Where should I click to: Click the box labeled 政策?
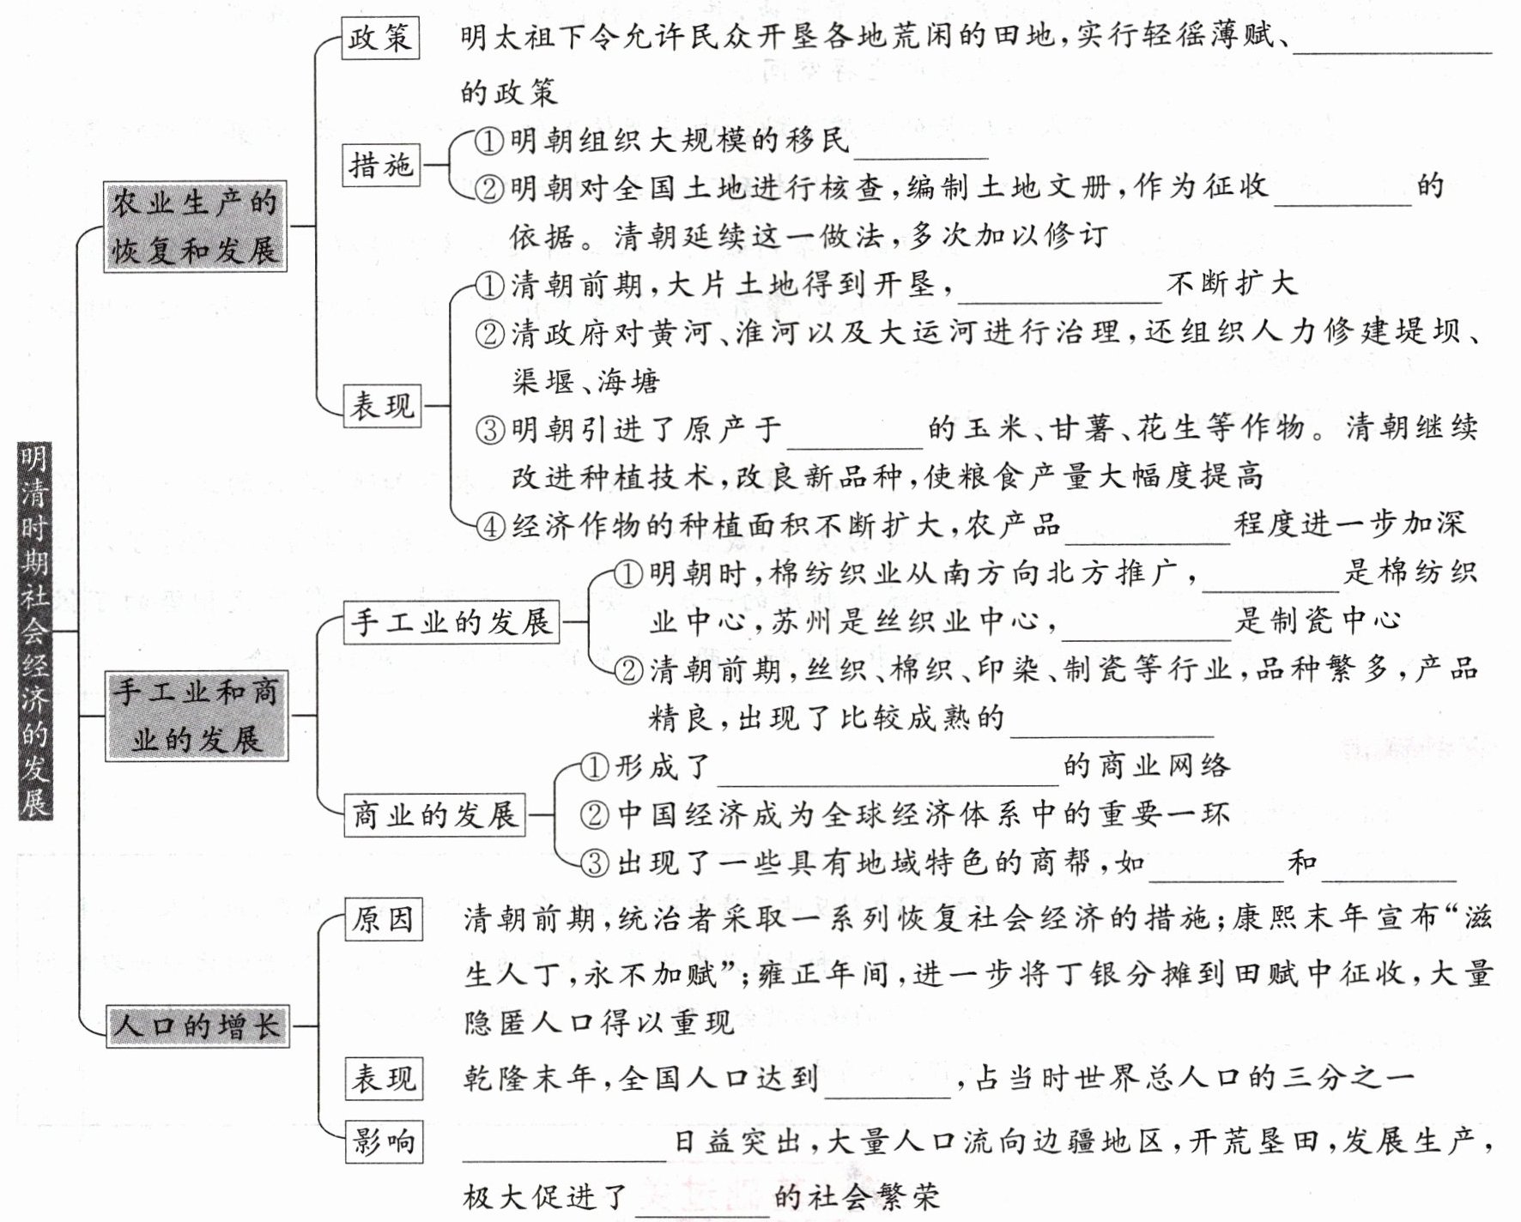[x=380, y=38]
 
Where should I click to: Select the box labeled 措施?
[x=381, y=164]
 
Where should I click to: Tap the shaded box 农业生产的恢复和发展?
[x=195, y=227]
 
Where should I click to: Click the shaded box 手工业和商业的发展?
[x=197, y=716]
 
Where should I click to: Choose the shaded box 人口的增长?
[x=197, y=1025]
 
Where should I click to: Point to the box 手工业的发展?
[x=451, y=622]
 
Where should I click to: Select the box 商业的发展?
[x=435, y=814]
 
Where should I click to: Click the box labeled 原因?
[x=384, y=919]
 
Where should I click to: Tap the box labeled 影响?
[x=384, y=1141]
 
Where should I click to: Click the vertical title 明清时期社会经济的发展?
[x=35, y=631]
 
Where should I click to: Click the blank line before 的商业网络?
[x=888, y=784]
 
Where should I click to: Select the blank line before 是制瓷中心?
[x=1147, y=639]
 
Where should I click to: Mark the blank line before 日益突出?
[x=565, y=1160]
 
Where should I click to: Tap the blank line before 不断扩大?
[x=1060, y=302]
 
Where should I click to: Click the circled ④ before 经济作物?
[x=490, y=526]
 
